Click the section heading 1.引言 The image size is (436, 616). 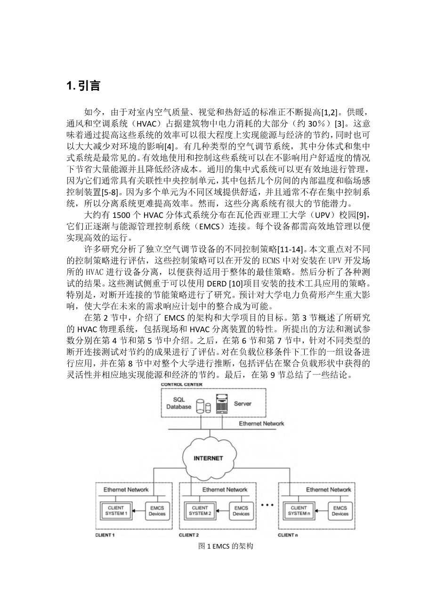83,86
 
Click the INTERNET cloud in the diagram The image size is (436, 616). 208,457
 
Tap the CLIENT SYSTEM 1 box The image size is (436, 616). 116,511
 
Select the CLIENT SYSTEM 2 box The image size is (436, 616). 200,511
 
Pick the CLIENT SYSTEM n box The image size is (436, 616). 299,511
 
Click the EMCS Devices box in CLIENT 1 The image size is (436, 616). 157,511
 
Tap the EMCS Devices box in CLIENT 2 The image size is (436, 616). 241,511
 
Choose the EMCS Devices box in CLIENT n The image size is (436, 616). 340,511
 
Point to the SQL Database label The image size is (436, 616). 178,403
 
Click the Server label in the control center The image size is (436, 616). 242,403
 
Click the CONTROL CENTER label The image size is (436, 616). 182,384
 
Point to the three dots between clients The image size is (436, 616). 267,505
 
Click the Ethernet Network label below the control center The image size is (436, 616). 261,424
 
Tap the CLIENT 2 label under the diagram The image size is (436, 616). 189,535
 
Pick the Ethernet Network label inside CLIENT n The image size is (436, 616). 328,489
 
